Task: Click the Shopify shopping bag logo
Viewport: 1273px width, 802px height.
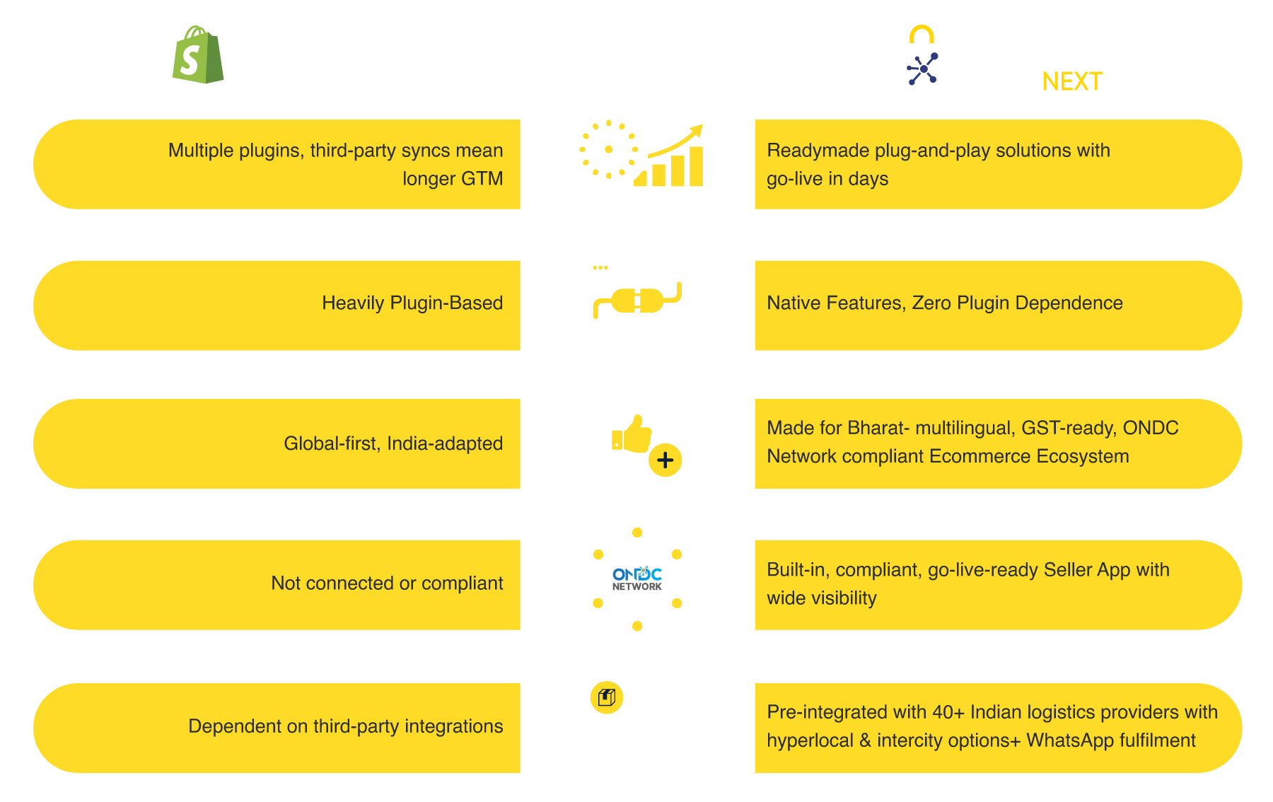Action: [x=197, y=56]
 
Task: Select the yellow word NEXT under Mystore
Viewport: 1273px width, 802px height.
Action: [x=1072, y=82]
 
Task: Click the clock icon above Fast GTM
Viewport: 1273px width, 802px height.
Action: [x=608, y=149]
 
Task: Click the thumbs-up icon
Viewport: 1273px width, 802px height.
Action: [x=632, y=433]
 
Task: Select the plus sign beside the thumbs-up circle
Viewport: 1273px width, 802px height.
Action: [x=665, y=460]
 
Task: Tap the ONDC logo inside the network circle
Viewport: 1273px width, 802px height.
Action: [x=637, y=576]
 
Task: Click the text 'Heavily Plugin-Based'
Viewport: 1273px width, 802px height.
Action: [x=412, y=303]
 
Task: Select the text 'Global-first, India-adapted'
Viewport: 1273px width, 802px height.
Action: [x=393, y=443]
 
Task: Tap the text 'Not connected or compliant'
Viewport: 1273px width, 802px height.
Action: [x=387, y=583]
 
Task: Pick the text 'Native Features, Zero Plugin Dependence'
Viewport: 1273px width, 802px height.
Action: [x=944, y=303]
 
